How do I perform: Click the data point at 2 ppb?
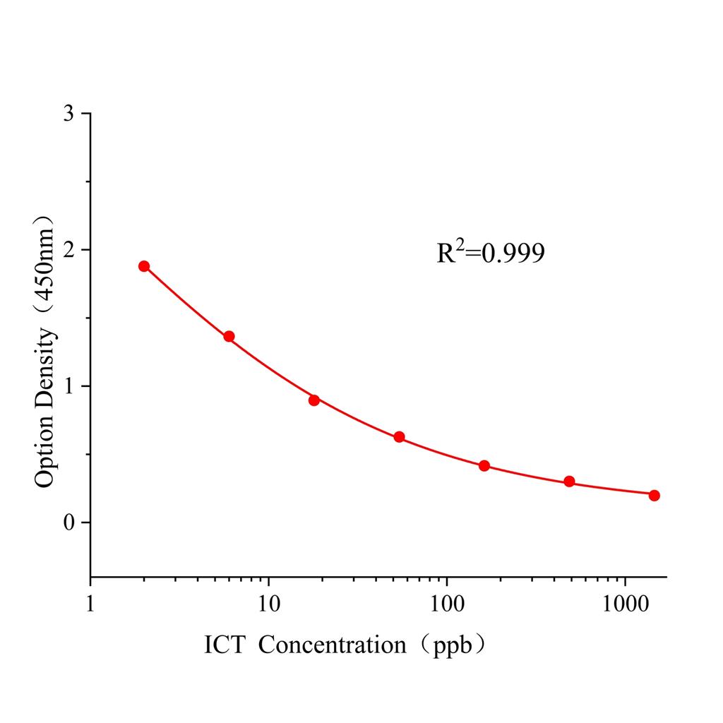click(144, 266)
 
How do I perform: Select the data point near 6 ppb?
click(229, 336)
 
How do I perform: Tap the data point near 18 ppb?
click(314, 400)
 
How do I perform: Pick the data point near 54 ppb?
click(399, 437)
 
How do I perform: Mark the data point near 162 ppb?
click(484, 465)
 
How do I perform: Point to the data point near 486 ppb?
click(569, 482)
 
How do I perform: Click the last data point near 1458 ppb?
click(654, 495)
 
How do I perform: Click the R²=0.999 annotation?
click(491, 253)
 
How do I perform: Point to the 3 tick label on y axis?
click(68, 114)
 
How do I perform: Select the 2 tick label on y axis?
click(68, 250)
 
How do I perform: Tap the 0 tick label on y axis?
click(68, 522)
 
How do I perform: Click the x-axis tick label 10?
click(268, 604)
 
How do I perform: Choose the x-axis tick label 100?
click(446, 604)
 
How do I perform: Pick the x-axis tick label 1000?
click(625, 604)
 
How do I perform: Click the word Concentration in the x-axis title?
click(332, 645)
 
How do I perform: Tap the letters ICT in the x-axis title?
click(224, 645)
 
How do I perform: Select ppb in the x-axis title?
click(448, 645)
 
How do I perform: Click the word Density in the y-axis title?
click(44, 367)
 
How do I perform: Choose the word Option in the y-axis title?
click(44, 451)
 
